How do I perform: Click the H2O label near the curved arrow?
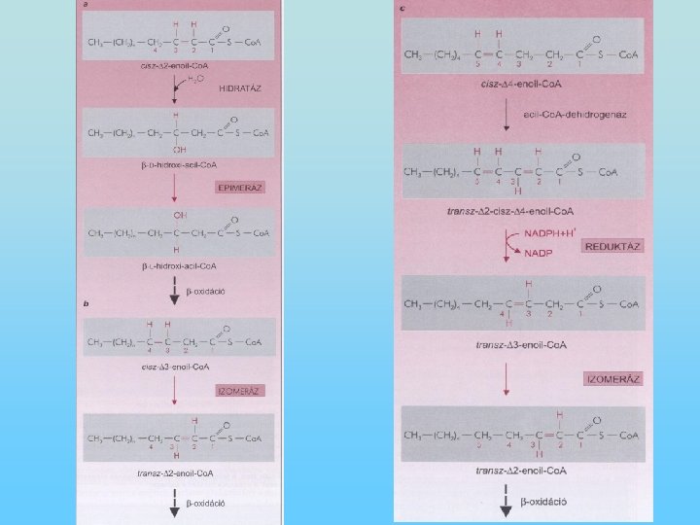coord(194,80)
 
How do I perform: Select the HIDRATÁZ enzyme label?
coord(241,87)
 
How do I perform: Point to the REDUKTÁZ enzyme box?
coord(614,246)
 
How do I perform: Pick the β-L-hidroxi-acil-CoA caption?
coord(179,265)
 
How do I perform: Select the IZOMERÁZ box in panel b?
coord(240,390)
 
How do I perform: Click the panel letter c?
coord(402,8)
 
